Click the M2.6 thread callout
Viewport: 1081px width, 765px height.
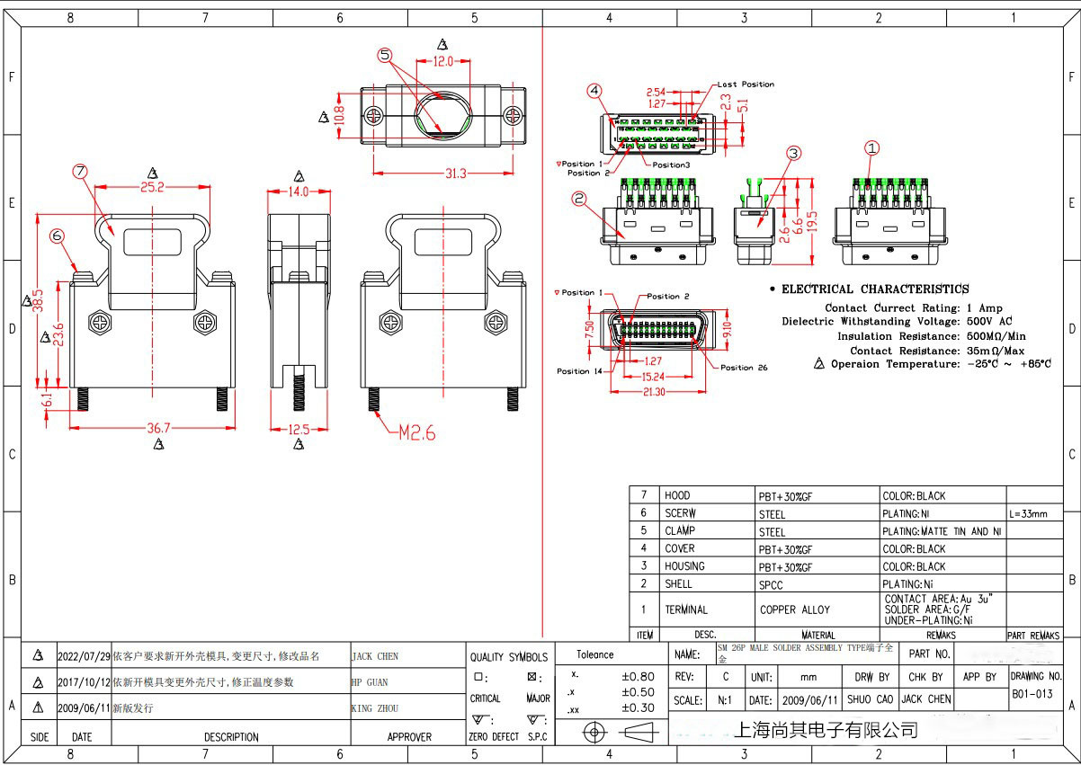coord(416,433)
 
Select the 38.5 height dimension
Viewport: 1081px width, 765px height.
coord(37,298)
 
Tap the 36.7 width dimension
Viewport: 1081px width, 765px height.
coord(159,429)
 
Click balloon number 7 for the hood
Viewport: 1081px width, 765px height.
coord(80,171)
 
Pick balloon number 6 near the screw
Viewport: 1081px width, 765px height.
coord(58,236)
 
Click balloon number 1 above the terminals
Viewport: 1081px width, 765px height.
coord(871,148)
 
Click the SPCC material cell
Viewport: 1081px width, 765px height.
coord(771,585)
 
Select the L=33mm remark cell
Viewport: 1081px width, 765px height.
coord(1028,513)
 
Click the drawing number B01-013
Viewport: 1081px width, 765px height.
coord(1032,693)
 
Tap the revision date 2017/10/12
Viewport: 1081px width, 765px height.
coord(84,682)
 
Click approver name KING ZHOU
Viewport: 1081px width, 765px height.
coord(375,708)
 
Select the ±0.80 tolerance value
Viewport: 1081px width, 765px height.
coord(638,676)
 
